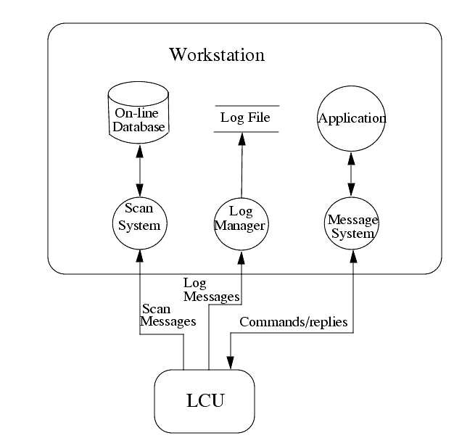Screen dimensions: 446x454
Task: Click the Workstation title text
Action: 217,54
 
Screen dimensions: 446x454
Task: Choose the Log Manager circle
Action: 242,220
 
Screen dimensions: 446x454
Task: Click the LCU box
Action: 205,401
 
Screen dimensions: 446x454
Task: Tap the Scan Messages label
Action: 168,315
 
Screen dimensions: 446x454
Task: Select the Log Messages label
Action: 211,289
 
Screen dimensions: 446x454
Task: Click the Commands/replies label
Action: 294,321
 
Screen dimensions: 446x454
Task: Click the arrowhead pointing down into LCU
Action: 231,362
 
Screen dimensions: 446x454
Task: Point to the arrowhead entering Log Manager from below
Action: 242,251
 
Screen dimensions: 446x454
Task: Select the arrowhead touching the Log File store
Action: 243,138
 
